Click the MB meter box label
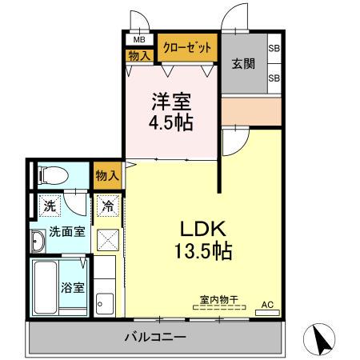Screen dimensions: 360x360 (139, 39)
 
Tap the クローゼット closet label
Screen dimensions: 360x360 (188, 48)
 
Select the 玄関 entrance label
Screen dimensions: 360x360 (243, 64)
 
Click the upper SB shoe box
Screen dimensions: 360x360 (274, 48)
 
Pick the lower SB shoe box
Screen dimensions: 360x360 (274, 78)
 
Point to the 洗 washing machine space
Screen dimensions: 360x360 (50, 206)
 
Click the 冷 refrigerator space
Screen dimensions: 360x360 (107, 206)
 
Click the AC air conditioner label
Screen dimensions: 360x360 (268, 305)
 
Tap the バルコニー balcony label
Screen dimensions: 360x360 (155, 336)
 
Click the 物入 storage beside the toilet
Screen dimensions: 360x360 (106, 175)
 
